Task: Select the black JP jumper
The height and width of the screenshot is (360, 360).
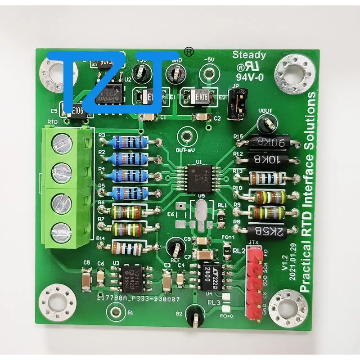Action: pyautogui.click(x=234, y=105)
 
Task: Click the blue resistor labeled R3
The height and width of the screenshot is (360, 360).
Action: pyautogui.click(x=129, y=142)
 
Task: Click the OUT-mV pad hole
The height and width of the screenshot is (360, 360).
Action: pyautogui.click(x=185, y=136)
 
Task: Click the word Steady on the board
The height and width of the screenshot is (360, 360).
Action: pyautogui.click(x=249, y=56)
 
